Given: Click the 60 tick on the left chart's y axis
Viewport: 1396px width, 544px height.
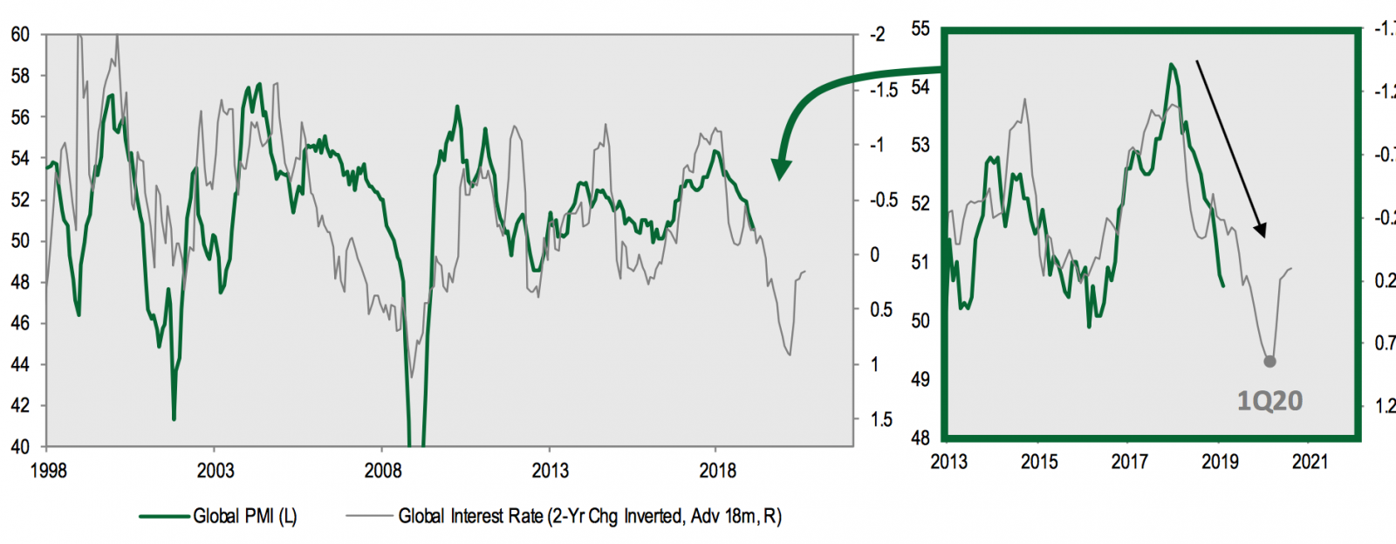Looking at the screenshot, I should [x=19, y=35].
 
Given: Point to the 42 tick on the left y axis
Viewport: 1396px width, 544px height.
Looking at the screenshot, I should [x=19, y=406].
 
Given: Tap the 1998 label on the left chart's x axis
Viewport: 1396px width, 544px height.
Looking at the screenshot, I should [x=48, y=472].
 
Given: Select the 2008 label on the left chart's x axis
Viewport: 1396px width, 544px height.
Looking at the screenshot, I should [x=383, y=472].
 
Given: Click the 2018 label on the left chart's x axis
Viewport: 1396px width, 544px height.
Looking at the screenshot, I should [x=717, y=472].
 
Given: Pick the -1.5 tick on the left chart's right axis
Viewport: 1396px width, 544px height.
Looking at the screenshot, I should [x=882, y=90].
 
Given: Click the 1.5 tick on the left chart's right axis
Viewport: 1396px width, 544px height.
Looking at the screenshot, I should [x=881, y=420].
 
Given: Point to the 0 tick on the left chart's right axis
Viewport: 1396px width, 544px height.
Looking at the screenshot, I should [x=875, y=255].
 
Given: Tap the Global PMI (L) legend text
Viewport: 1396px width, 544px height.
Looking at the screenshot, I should [x=245, y=516].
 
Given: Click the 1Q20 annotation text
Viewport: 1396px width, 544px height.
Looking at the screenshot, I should [x=1269, y=401].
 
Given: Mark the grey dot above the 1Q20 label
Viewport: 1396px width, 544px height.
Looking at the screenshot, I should [x=1270, y=362].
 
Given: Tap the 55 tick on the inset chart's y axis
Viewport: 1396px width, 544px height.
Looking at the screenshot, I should [x=920, y=29].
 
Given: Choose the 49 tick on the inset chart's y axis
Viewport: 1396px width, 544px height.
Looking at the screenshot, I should [x=920, y=380].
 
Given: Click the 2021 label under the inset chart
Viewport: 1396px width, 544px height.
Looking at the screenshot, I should [x=1310, y=462].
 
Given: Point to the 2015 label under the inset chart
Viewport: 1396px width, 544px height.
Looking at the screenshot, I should [x=1039, y=462].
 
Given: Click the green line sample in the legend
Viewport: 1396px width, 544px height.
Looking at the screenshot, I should [x=165, y=516].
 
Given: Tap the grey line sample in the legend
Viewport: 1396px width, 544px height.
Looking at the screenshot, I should [x=369, y=516].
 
